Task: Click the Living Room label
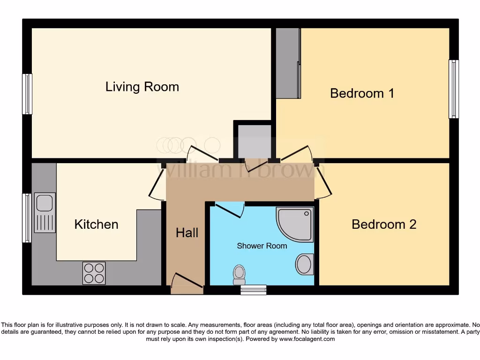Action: point(142,87)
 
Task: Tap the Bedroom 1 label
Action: point(362,93)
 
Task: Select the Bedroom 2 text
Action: point(384,224)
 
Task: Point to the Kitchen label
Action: point(96,224)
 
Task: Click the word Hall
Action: point(187,232)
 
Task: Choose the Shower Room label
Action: point(262,246)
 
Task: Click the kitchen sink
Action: point(45,212)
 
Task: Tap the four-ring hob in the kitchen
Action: point(94,273)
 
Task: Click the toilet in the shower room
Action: point(240,274)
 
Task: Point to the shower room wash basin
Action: point(304,264)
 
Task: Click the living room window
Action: point(28,94)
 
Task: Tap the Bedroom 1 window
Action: point(453,89)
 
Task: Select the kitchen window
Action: point(27,218)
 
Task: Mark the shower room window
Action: point(253,290)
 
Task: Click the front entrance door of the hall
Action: point(187,284)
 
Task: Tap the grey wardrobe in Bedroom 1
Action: point(288,63)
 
